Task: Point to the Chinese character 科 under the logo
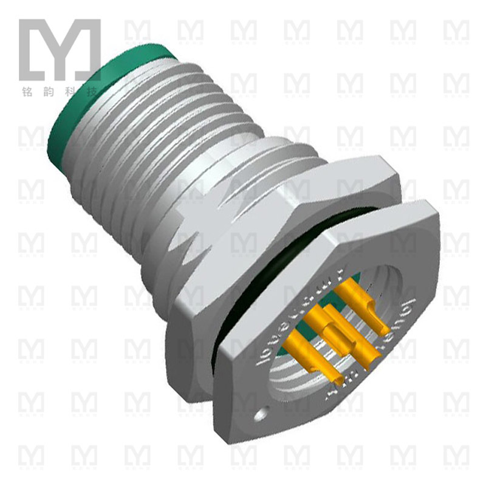click(69, 93)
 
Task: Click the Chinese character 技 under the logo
click(92, 93)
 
